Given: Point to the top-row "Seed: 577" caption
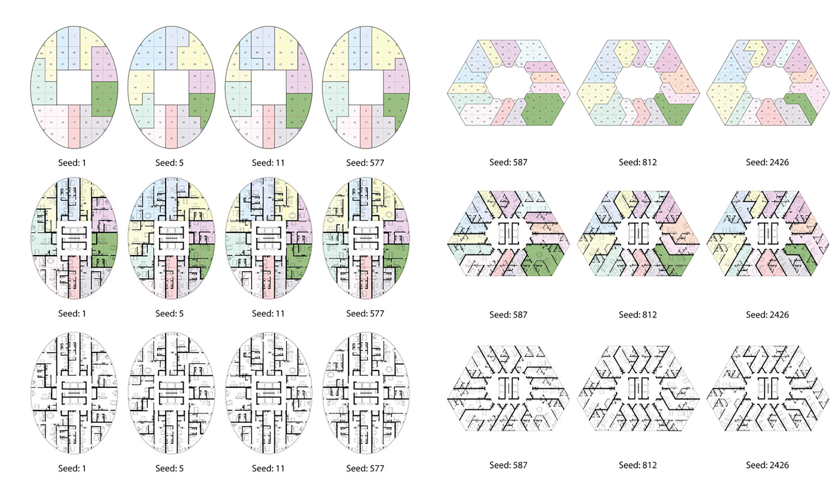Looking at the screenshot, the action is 365,162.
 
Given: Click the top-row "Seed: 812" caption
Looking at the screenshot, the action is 638,162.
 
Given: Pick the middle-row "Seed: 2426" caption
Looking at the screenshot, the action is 767,315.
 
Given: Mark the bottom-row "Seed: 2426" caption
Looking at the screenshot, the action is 767,465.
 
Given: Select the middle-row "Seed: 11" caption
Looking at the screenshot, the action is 268,313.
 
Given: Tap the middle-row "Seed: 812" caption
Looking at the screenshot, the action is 638,315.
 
